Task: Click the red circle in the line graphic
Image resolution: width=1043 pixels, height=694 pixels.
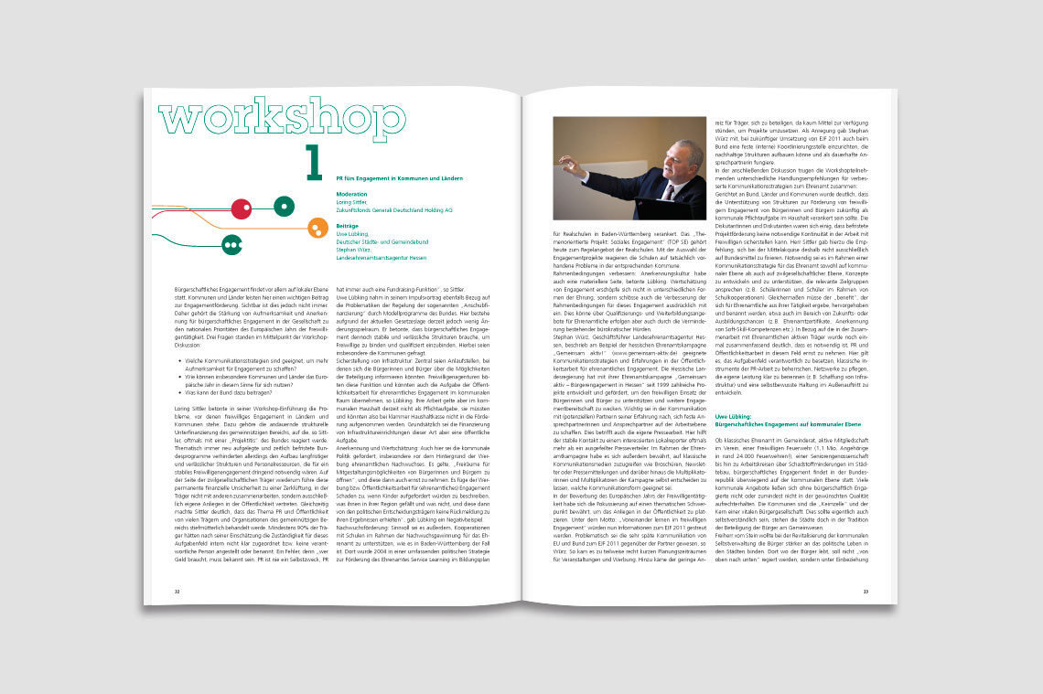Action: click(242, 209)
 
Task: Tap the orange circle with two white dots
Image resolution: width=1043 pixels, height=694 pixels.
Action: click(317, 227)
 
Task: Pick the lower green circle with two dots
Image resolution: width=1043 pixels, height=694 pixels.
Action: click(231, 244)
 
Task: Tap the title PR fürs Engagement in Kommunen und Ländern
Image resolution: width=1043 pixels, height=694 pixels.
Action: click(386, 178)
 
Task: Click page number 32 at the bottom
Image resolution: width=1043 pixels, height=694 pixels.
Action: click(177, 592)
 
